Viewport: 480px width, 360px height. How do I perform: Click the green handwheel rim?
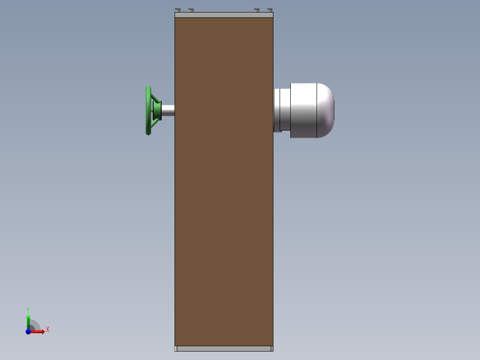tap(148, 111)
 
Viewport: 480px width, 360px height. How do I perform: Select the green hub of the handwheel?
tap(157, 110)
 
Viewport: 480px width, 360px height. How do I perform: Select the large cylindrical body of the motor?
tap(304, 110)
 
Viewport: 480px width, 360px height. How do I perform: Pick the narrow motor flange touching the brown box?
tap(277, 110)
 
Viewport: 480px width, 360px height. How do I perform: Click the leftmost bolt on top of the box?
tap(178, 10)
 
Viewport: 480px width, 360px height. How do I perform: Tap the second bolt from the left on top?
tap(191, 10)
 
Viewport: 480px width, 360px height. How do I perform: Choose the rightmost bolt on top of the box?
tap(269, 10)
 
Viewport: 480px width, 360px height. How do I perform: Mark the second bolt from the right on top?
tap(256, 10)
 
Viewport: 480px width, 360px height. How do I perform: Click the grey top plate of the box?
tap(224, 15)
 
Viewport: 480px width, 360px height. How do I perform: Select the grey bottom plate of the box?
tap(224, 348)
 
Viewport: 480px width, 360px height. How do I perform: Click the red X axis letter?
tap(48, 330)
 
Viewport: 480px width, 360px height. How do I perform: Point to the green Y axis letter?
tap(28, 310)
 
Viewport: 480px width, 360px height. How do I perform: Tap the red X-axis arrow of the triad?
tap(38, 331)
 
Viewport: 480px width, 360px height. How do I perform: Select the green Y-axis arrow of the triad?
tap(28, 321)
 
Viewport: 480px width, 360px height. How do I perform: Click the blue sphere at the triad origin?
tap(28, 331)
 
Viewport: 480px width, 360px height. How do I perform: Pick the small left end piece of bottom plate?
tap(175, 348)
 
